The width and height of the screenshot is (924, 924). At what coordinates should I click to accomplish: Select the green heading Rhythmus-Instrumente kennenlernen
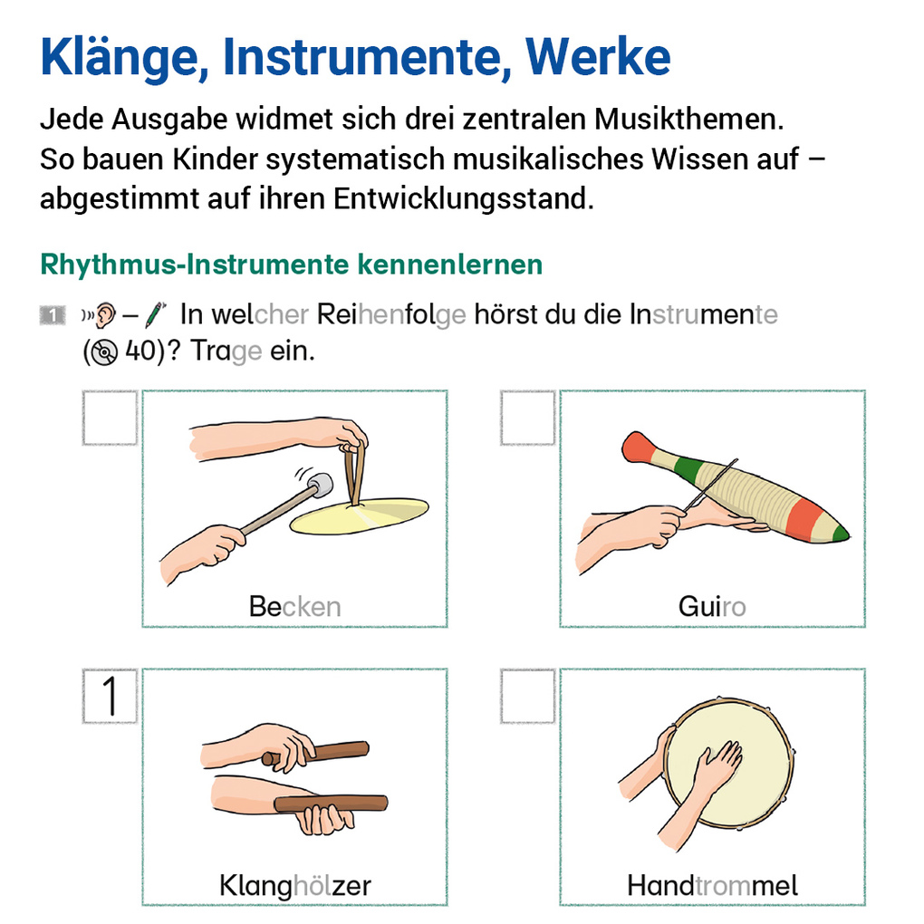tap(291, 265)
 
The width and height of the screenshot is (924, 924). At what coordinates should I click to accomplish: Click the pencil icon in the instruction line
tap(156, 314)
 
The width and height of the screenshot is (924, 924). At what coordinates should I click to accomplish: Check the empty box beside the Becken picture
tap(110, 418)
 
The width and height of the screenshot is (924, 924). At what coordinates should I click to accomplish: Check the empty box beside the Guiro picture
tap(527, 418)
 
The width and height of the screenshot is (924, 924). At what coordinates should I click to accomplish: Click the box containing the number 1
tap(110, 696)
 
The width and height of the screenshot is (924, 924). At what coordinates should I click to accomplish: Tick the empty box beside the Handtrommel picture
tap(527, 696)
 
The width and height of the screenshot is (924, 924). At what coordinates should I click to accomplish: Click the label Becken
tap(294, 606)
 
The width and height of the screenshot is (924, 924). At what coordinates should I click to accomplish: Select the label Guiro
tap(712, 606)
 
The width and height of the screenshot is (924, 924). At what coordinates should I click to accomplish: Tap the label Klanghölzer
tap(294, 884)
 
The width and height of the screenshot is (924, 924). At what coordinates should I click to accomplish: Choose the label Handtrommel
tap(712, 884)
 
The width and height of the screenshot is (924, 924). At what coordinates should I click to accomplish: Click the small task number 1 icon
tap(52, 315)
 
